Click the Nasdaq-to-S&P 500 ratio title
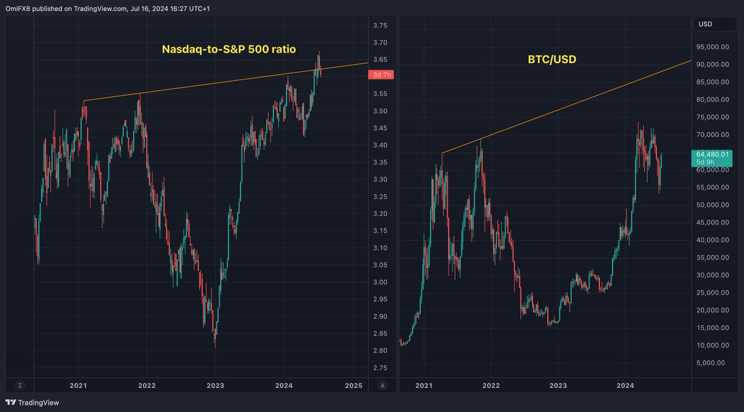(x=229, y=49)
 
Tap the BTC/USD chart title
(x=552, y=60)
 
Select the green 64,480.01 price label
(x=712, y=158)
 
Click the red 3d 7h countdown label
(x=381, y=75)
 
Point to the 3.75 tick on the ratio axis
(x=380, y=25)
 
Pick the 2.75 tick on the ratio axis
(x=380, y=368)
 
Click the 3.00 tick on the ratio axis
(x=380, y=282)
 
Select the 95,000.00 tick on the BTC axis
(x=712, y=47)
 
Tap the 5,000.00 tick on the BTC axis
(x=711, y=363)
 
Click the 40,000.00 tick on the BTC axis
(x=712, y=240)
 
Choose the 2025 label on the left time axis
(x=354, y=386)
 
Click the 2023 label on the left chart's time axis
(x=215, y=386)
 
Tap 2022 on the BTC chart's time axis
(x=491, y=386)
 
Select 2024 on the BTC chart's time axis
(x=625, y=386)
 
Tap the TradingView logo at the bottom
(x=32, y=403)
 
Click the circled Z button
(x=20, y=386)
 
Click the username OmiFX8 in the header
(x=17, y=9)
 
